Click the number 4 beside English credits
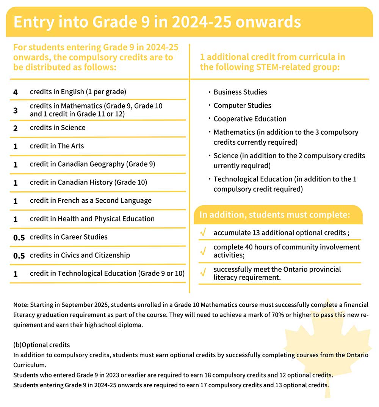[x=16, y=92]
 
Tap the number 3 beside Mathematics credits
[x=16, y=110]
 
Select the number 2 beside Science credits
[x=16, y=128]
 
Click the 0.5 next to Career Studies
[x=19, y=238]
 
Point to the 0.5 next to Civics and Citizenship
[x=19, y=256]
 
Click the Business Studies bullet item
[x=240, y=92]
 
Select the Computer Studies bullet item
[x=242, y=106]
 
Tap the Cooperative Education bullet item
[x=250, y=119]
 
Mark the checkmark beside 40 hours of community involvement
[x=203, y=251]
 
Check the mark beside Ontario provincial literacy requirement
[x=203, y=273]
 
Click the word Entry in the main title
[x=33, y=22]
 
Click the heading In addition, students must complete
[x=274, y=215]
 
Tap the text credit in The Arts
[x=57, y=146]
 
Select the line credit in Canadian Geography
[x=92, y=164]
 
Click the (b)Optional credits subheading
[x=42, y=345]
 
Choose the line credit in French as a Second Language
[x=91, y=201]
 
